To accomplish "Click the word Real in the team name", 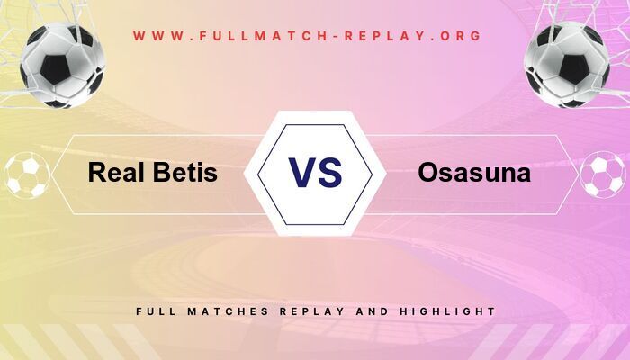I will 115,174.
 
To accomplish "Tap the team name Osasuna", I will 473,174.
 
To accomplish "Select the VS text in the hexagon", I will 315,172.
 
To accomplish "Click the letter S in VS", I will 330,172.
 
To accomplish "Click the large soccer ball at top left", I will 62,65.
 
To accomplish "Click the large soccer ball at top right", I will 567,65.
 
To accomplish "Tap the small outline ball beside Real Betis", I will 27,175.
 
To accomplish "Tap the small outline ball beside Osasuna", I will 602,175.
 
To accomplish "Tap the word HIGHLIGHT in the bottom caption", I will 449,310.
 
